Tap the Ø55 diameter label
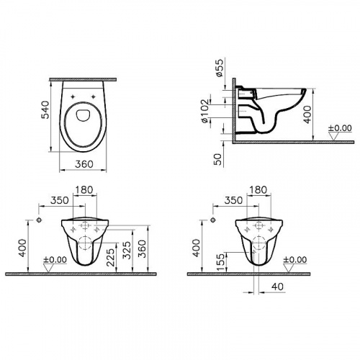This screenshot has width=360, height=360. [220, 68]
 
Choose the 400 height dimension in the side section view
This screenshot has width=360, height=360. [309, 112]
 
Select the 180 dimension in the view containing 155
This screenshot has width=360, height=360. [256, 190]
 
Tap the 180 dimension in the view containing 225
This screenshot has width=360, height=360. [84, 190]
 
